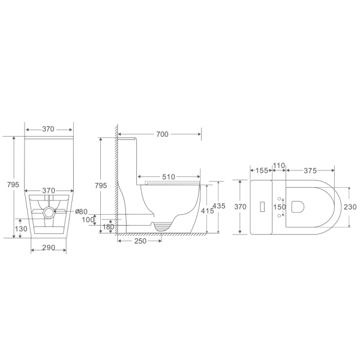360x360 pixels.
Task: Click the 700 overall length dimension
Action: pos(163,134)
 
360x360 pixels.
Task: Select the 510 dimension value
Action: pos(169,177)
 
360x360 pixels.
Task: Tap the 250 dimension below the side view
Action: pos(140,241)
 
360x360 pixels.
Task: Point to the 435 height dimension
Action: pos(219,206)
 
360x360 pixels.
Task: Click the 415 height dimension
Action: pos(208,211)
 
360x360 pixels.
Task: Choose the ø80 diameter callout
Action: pos(81,211)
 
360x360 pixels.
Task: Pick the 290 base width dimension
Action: pos(49,247)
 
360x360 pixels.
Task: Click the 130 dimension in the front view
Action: pos(21,229)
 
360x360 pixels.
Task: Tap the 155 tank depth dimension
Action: pos(262,170)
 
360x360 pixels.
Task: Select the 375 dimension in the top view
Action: pos(310,170)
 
